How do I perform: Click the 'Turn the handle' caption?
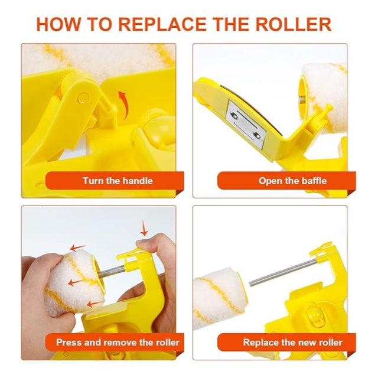[x=117, y=181]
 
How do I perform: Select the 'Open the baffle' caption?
[x=292, y=181]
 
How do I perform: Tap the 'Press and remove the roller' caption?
[x=118, y=342]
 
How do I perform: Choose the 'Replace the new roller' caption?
[x=292, y=342]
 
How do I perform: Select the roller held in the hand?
[x=74, y=278]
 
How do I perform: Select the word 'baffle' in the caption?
[x=313, y=181]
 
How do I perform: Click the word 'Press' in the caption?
[x=69, y=342]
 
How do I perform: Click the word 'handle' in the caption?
[x=137, y=181]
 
